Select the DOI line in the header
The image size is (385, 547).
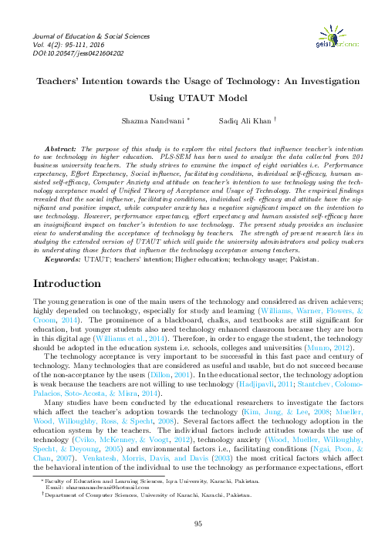[x=68, y=54]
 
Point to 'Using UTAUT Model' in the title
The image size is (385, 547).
[x=191, y=99]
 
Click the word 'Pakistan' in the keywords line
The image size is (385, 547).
[x=302, y=261]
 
